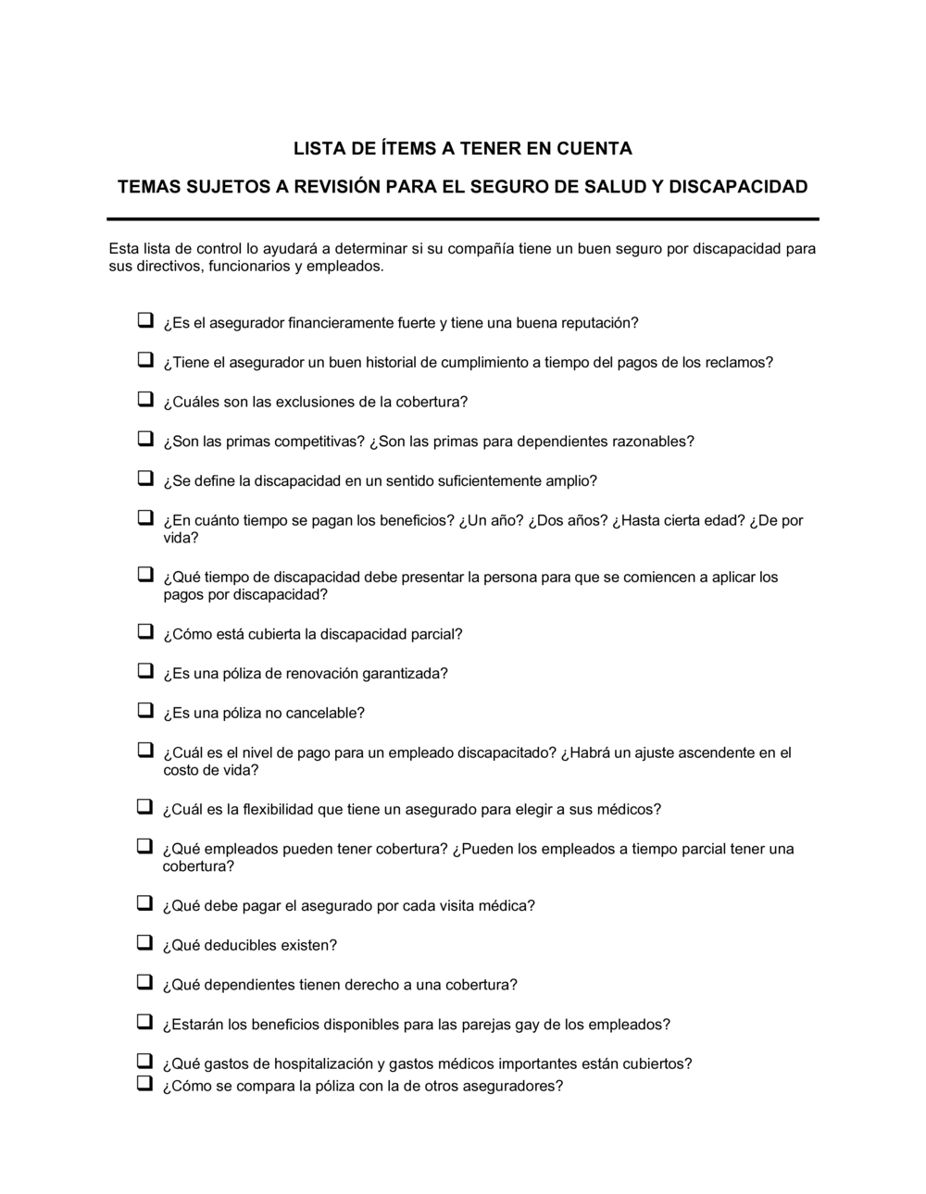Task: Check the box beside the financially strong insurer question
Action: click(145, 320)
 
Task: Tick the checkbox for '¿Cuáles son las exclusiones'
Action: click(145, 399)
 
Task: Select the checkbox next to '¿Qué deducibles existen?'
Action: click(145, 942)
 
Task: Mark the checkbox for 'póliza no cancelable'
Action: click(145, 710)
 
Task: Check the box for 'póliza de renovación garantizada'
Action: click(145, 670)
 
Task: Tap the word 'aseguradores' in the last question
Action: click(515, 1086)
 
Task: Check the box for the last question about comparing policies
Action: click(145, 1083)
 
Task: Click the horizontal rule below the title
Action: click(463, 219)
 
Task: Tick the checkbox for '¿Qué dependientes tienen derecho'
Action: click(145, 982)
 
